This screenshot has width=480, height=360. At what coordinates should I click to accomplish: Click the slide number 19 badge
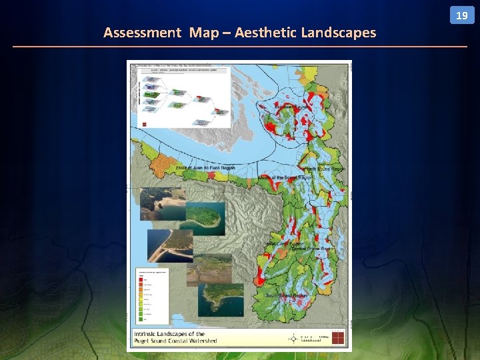tap(461, 15)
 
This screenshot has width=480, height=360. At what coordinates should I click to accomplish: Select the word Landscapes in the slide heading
tap(339, 32)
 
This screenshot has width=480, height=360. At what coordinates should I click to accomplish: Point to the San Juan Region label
tap(291, 106)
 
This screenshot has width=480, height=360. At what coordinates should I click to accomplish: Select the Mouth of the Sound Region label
tap(286, 178)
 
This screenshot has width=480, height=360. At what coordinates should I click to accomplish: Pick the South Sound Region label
tap(287, 295)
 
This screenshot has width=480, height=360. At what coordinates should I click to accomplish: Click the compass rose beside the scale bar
tap(293, 338)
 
